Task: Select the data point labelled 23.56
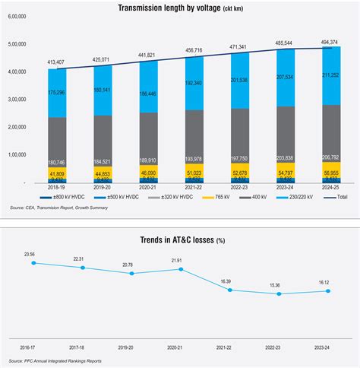(x=32, y=263)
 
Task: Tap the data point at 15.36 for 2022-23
(x=279, y=293)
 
